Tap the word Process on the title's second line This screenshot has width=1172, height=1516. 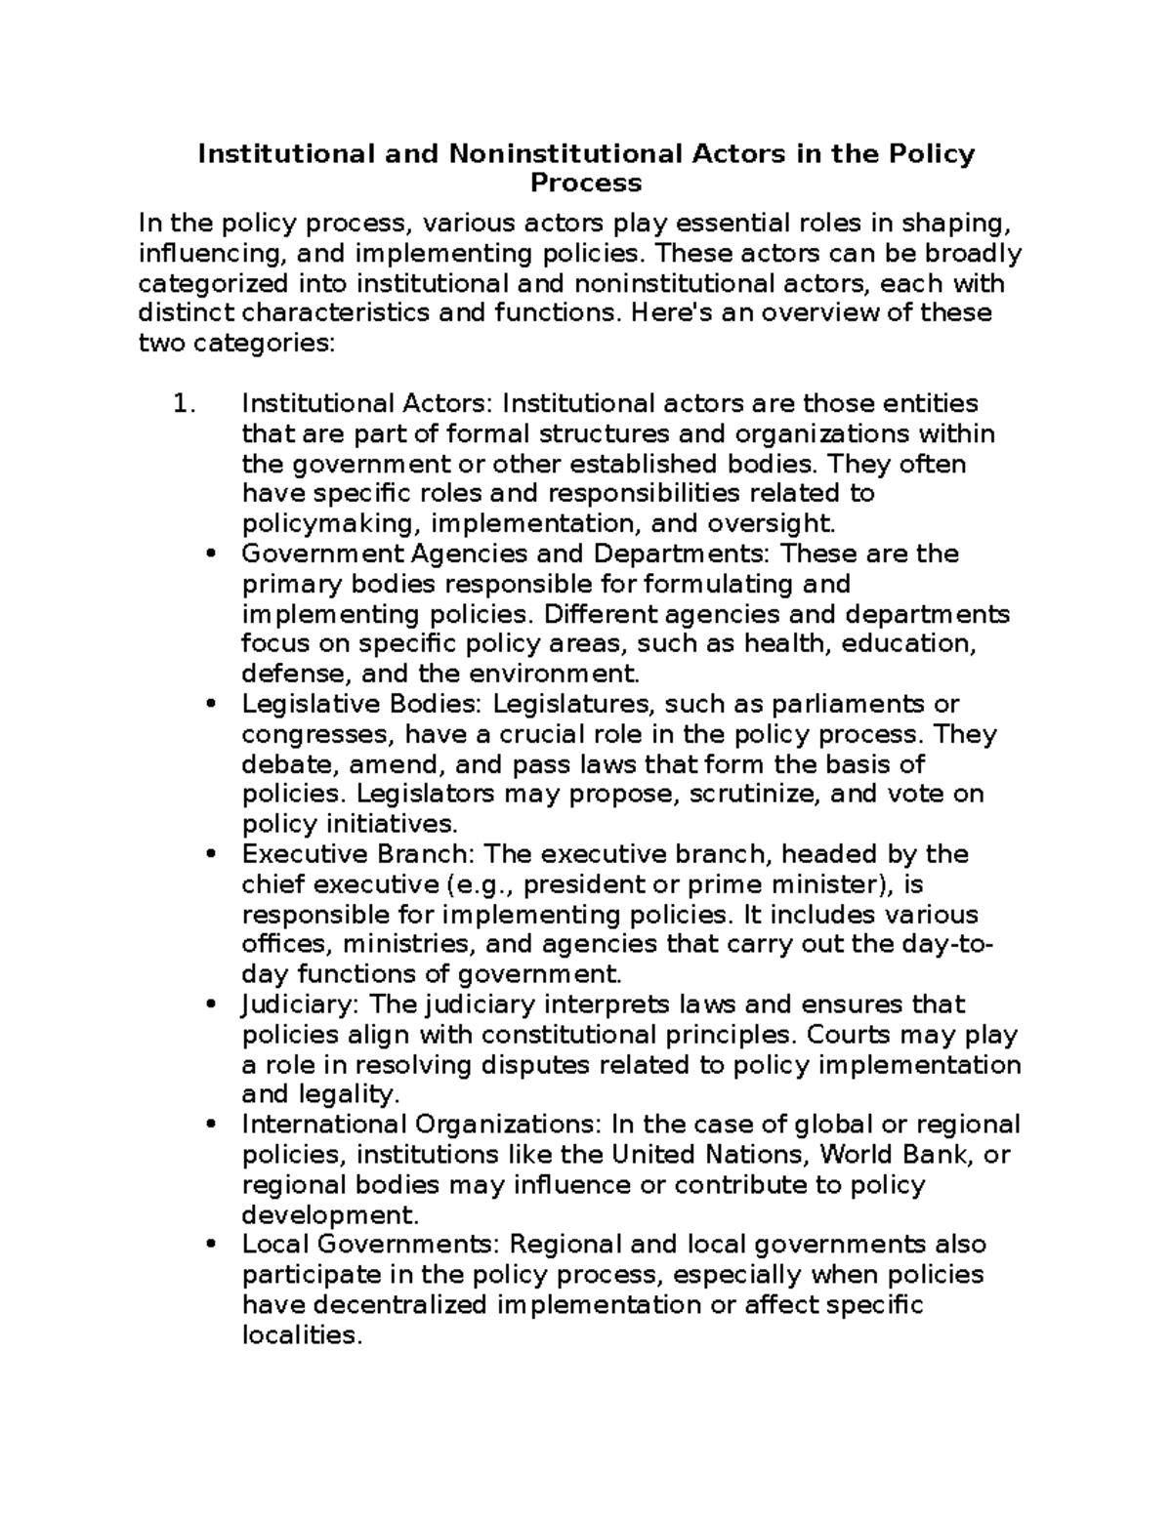tap(586, 184)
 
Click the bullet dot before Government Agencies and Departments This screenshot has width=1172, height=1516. tap(212, 555)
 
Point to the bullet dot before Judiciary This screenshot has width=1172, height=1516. tap(212, 1006)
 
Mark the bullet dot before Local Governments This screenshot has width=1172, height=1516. tap(212, 1247)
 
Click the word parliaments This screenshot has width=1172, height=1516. tap(848, 705)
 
